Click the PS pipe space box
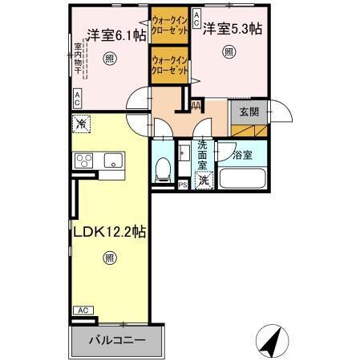(183, 185)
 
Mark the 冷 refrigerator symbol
(81, 124)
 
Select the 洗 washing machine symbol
(204, 180)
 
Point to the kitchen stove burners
(85, 160)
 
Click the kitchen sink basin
(112, 159)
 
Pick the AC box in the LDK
(82, 310)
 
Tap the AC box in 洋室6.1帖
(77, 99)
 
